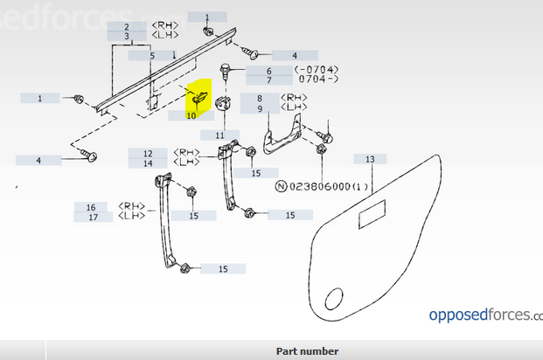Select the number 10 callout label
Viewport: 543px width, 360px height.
(x=191, y=115)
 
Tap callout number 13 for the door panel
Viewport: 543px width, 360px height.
(x=370, y=159)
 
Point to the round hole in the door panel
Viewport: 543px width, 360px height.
(x=333, y=300)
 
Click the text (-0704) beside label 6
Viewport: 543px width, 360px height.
(x=316, y=70)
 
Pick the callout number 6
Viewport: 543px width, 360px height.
(x=268, y=71)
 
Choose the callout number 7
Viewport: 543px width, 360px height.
(x=268, y=80)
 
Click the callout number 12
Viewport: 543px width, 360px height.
(x=149, y=153)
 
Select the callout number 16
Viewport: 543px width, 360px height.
(x=91, y=207)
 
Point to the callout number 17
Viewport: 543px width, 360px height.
(x=91, y=217)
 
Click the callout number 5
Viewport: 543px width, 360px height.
(x=151, y=56)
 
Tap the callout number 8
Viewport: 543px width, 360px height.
(x=260, y=98)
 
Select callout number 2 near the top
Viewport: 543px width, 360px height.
(x=128, y=27)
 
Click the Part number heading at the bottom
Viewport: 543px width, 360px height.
(x=307, y=351)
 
